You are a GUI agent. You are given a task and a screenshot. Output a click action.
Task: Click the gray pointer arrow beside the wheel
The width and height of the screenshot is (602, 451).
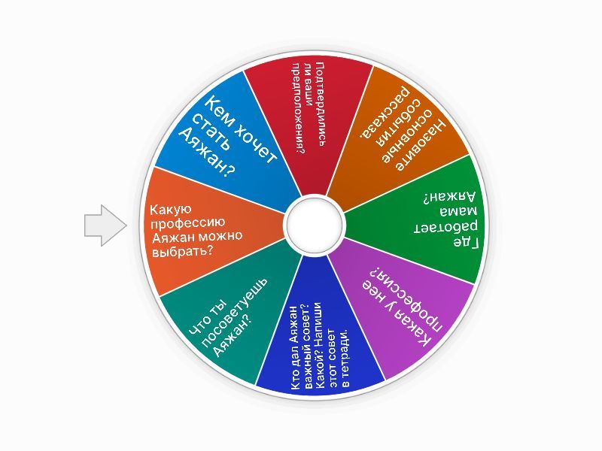(105, 225)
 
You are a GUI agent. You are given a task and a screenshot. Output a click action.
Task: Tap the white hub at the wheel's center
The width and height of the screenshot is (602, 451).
(315, 225)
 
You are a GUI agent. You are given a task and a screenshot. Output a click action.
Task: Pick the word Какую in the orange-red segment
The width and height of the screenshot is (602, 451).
(170, 210)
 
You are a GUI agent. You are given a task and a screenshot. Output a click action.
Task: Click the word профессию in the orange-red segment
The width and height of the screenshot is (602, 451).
(187, 223)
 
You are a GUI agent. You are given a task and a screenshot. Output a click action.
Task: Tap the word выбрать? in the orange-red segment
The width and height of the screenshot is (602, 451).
(183, 251)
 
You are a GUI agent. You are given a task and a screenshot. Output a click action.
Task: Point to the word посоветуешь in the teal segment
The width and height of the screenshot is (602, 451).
(234, 312)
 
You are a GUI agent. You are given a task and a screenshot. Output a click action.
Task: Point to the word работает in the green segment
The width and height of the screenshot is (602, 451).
(445, 227)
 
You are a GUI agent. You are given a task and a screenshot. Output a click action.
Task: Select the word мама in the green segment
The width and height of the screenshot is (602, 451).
(458, 211)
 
